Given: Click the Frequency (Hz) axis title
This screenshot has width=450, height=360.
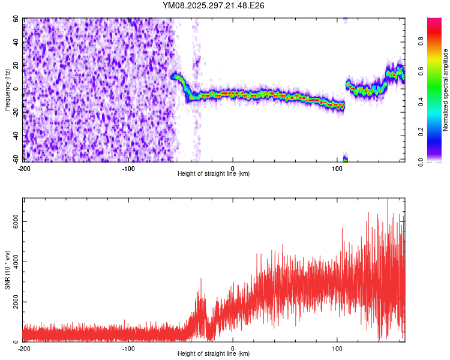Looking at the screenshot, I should pyautogui.click(x=7, y=90).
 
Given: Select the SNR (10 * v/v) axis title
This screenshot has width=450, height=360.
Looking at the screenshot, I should pyautogui.click(x=7, y=270).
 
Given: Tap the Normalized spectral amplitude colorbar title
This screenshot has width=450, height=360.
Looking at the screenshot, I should pyautogui.click(x=446, y=90).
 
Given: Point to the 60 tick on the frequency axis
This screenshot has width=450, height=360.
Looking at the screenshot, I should pyautogui.click(x=16, y=19).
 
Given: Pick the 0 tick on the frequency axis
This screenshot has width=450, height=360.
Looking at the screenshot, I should pyautogui.click(x=18, y=89).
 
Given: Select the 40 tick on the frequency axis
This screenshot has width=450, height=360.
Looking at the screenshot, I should pyautogui.click(x=16, y=43).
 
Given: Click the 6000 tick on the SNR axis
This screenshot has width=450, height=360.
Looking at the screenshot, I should pyautogui.click(x=13, y=222).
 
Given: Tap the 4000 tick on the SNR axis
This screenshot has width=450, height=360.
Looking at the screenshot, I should pyautogui.click(x=13, y=262).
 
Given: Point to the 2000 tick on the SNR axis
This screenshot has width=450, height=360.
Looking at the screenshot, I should pyautogui.click(x=13, y=302).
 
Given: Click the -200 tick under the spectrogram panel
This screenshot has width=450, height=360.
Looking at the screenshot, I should pyautogui.click(x=25, y=168).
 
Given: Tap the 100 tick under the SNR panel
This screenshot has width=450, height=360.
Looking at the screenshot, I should pyautogui.click(x=337, y=348).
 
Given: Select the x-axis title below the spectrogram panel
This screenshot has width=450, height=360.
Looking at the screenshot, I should pyautogui.click(x=214, y=174).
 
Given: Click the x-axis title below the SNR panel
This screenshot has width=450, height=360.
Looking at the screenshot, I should pyautogui.click(x=214, y=354).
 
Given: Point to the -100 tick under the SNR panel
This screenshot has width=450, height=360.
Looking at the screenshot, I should pyautogui.click(x=128, y=348).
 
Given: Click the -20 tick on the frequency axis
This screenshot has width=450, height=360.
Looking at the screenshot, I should pyautogui.click(x=15, y=113).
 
